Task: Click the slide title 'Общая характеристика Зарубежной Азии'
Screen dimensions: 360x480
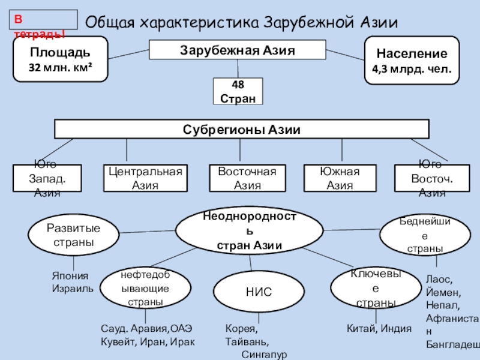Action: click(x=242, y=23)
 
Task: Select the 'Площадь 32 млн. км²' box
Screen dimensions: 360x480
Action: click(x=61, y=59)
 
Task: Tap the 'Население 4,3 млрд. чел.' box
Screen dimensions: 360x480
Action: click(x=412, y=59)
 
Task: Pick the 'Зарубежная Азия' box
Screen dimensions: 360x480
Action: click(x=238, y=50)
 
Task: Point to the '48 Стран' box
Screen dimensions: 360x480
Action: click(x=238, y=91)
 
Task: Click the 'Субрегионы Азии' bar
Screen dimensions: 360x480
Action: click(x=242, y=129)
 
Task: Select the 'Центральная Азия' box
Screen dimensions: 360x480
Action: click(x=145, y=178)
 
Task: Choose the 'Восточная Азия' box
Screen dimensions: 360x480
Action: click(x=247, y=178)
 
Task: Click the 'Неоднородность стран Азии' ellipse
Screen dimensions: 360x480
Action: click(x=244, y=230)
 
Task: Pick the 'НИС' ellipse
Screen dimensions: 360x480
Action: click(x=259, y=292)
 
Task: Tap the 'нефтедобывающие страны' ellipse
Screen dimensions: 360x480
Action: click(x=145, y=288)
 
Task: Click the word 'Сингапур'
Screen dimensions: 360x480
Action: click(x=265, y=355)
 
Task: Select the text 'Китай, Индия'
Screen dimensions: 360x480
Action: click(x=379, y=328)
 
